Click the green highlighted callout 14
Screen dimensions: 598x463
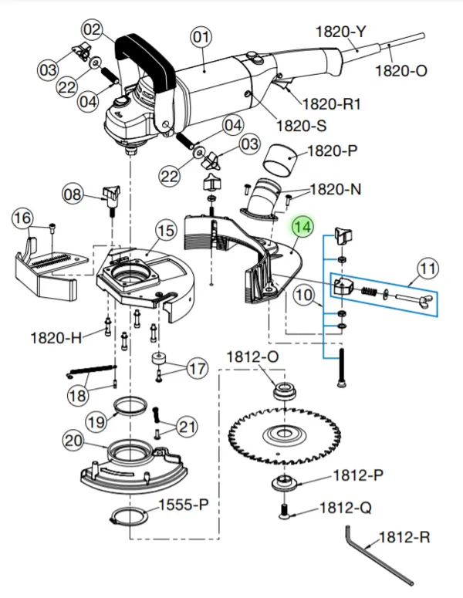(x=302, y=228)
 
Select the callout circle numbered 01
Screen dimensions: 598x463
(x=201, y=36)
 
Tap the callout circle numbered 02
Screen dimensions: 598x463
(x=93, y=30)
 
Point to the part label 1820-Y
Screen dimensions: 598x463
(x=341, y=32)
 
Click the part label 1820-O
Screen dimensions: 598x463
(x=400, y=71)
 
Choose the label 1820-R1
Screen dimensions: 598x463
(x=331, y=103)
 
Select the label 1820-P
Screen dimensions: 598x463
(x=333, y=152)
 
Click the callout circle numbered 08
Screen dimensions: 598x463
(x=72, y=194)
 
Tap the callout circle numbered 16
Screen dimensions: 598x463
(x=23, y=218)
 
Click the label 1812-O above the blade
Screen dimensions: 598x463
(x=252, y=356)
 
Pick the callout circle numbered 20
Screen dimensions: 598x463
(x=73, y=441)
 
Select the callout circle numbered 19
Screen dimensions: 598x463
(x=96, y=422)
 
